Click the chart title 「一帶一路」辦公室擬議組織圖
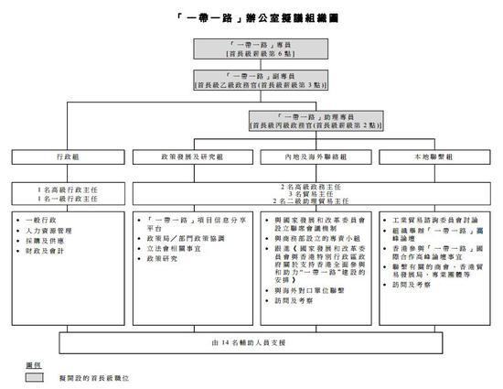pos(251,17)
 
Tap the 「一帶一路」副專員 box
pos(251,81)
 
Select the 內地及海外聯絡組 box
pos(313,157)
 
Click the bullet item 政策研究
pos(169,260)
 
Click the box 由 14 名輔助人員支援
pos(251,342)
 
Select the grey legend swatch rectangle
pos(38,376)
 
